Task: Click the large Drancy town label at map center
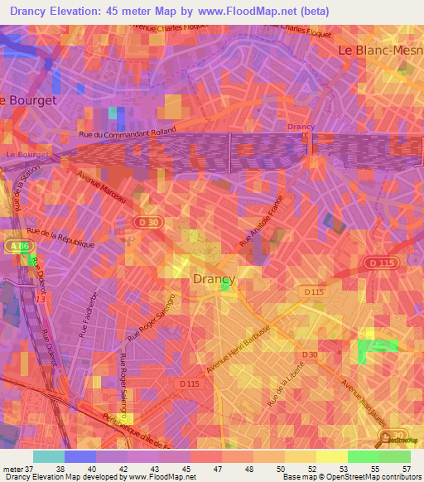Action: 214,279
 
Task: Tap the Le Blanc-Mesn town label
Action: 380,51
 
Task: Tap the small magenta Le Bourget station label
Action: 22,155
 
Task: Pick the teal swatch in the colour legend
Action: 49,455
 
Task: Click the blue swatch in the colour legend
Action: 80,455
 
